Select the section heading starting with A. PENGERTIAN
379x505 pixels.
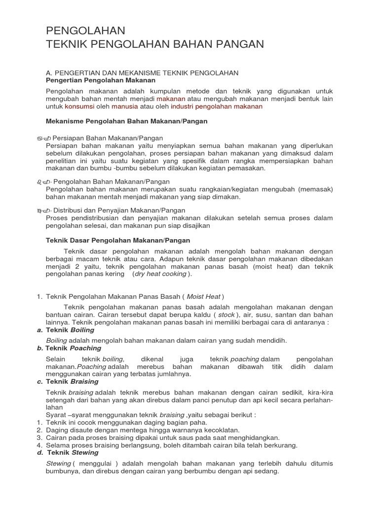(x=142, y=72)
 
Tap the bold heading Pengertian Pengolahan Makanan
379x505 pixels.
(x=101, y=80)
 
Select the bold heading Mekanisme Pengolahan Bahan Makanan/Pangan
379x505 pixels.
(x=127, y=121)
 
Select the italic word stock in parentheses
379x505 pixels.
(x=227, y=314)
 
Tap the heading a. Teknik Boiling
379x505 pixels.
(x=66, y=330)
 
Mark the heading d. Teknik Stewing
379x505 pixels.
(x=68, y=452)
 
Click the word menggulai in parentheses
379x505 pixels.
(x=97, y=463)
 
